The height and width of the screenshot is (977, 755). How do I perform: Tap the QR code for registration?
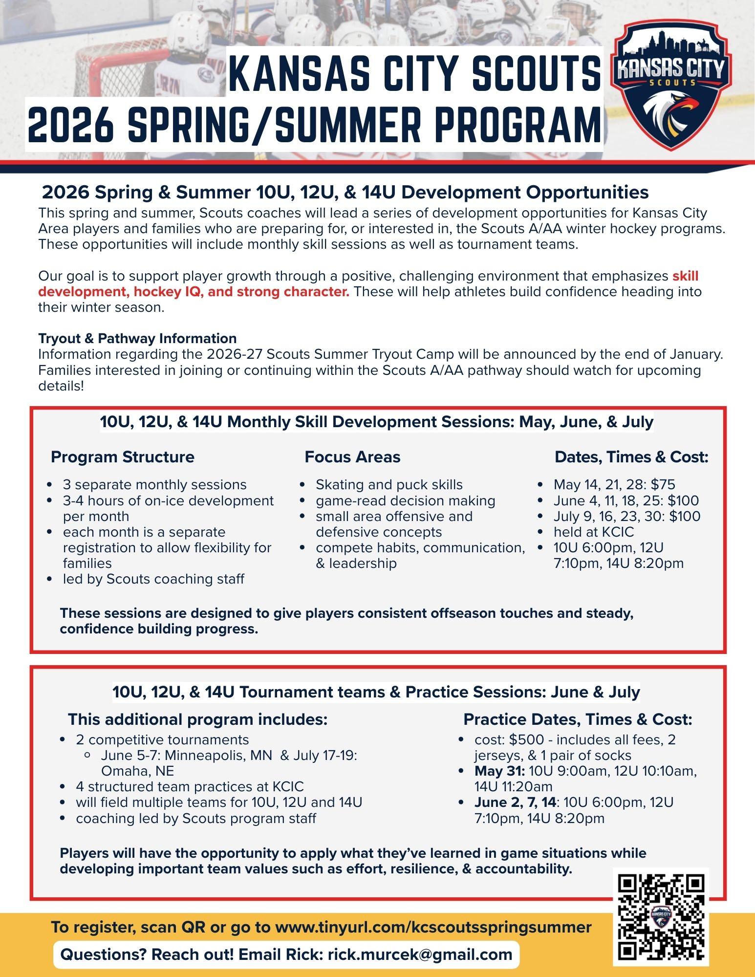661,916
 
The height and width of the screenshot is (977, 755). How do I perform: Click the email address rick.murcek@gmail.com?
420,954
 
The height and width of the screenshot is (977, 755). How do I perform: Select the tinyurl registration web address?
433,927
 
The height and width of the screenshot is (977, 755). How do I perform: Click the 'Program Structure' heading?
122,457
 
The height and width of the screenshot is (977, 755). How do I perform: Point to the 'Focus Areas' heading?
352,457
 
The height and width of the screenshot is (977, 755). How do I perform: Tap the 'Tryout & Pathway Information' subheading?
137,338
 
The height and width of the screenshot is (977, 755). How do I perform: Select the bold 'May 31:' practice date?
500,771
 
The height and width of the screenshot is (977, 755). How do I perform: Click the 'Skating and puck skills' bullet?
389,485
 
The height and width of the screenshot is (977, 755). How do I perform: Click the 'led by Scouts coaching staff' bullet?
153,579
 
